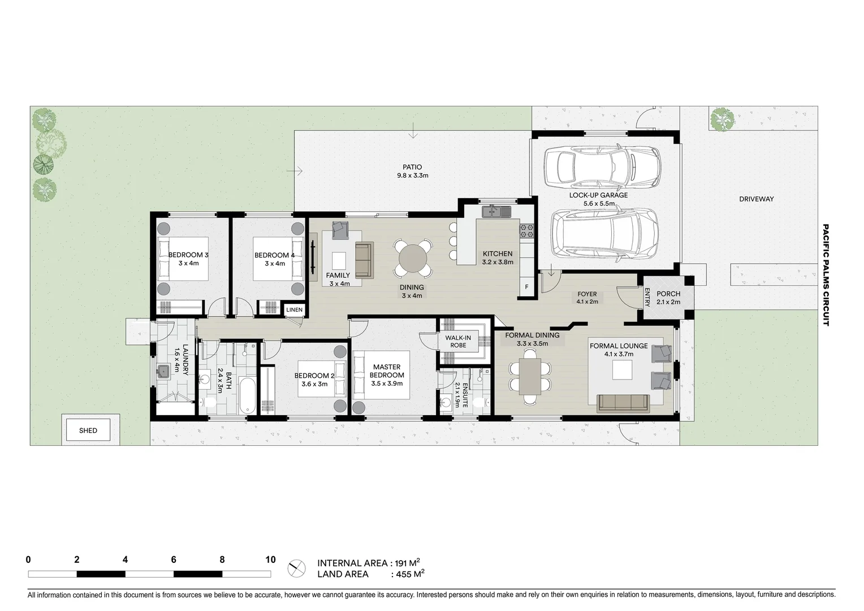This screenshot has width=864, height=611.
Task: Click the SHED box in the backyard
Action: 88,431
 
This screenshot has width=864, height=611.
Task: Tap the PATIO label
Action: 412,167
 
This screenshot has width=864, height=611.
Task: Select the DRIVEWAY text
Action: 756,199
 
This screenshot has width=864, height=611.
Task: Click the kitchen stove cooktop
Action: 526,230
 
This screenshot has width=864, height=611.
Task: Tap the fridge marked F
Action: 526,287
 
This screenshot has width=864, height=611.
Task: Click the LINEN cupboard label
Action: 294,310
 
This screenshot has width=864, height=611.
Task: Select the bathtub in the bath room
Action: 247,395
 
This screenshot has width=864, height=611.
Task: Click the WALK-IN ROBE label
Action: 458,342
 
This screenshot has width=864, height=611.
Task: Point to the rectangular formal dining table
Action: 530,376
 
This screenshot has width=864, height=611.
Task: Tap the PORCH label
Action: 668,294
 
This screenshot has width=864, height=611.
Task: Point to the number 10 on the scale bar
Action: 270,560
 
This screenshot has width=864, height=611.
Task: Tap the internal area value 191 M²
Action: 405,563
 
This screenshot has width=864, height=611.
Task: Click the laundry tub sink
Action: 164,371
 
